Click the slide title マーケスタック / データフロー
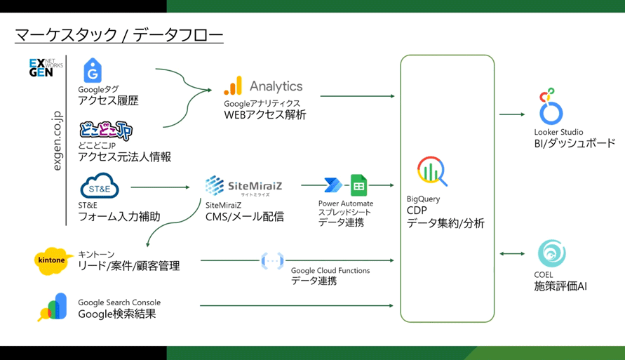click(x=119, y=34)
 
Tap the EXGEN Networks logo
click(x=45, y=68)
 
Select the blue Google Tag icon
click(x=93, y=71)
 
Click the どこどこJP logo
click(x=105, y=130)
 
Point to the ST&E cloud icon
click(x=100, y=187)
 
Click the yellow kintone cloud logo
click(x=53, y=260)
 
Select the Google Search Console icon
click(x=53, y=307)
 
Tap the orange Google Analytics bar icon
click(x=233, y=86)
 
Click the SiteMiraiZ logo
click(x=243, y=186)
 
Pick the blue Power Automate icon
click(x=333, y=185)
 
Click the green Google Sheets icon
click(x=358, y=185)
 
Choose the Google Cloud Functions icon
click(x=272, y=261)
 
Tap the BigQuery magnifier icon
click(x=432, y=171)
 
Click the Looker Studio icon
click(x=550, y=107)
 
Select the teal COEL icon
click(x=551, y=254)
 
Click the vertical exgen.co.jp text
click(x=58, y=141)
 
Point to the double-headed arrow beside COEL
click(x=512, y=254)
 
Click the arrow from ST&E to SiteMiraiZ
click(x=160, y=187)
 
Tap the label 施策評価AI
click(x=560, y=286)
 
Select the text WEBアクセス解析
click(x=264, y=115)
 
